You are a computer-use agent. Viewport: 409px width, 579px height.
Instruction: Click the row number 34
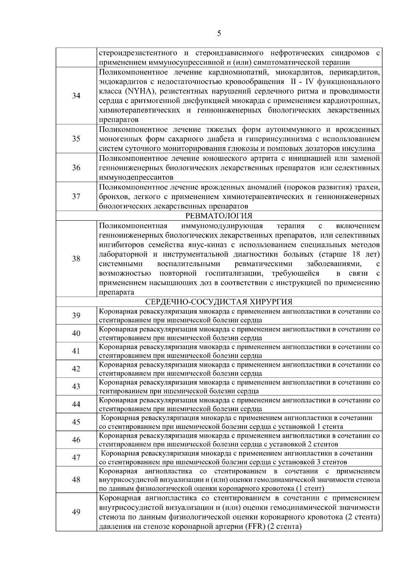click(76, 96)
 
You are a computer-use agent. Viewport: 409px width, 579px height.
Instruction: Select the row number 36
click(76, 168)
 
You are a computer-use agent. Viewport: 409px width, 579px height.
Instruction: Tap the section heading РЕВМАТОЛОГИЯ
click(219, 216)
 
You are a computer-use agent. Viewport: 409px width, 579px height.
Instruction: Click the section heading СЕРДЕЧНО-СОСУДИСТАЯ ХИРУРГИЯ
click(219, 302)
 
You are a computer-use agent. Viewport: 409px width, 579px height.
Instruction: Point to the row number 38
click(76, 259)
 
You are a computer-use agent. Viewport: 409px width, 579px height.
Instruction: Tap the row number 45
click(76, 422)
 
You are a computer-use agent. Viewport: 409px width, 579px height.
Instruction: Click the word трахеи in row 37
click(369, 187)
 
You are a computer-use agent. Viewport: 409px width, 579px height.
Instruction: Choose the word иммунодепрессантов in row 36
click(136, 177)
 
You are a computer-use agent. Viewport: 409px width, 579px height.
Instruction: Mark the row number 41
click(76, 351)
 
